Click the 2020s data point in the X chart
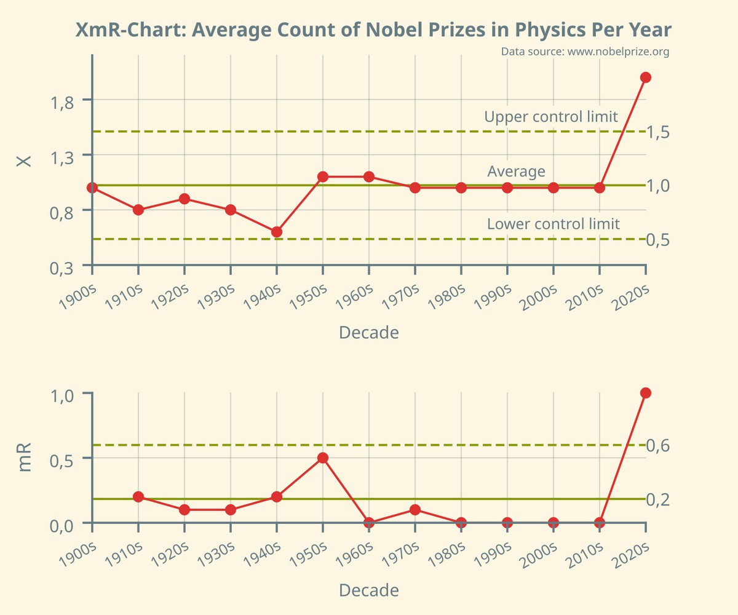tap(646, 77)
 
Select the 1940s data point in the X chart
tap(277, 232)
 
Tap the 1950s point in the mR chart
tap(323, 458)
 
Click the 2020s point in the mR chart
tap(646, 393)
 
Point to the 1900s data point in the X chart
tap(92, 188)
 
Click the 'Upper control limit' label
tap(550, 117)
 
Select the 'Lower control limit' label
tap(553, 224)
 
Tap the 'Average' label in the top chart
tap(516, 171)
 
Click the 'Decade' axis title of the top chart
tap(368, 333)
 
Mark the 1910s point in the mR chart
tap(138, 497)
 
